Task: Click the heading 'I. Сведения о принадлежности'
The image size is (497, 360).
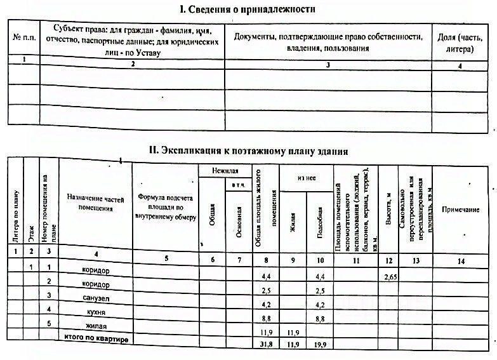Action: click(x=247, y=9)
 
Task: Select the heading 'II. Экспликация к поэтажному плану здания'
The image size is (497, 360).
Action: click(x=248, y=150)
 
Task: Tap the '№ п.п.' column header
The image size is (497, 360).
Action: click(x=23, y=38)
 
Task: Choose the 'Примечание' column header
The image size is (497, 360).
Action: click(x=460, y=210)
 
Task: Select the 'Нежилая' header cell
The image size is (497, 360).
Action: click(x=225, y=170)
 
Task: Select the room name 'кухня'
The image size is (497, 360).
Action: click(x=97, y=314)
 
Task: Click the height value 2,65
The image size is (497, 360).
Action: click(x=390, y=277)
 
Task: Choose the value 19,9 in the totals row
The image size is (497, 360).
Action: click(x=319, y=345)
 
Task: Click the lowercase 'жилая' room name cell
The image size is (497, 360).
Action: click(x=96, y=326)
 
